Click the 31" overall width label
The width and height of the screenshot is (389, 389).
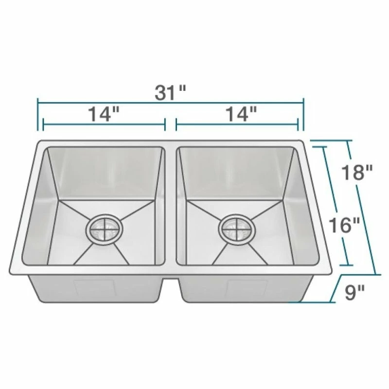[171, 93]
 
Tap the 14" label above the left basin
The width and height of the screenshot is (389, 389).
[104, 114]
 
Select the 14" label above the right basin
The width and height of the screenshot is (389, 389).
[241, 114]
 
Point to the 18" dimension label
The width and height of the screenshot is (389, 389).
[357, 173]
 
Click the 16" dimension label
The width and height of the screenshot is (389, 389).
[344, 225]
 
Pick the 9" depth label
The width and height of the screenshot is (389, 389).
[354, 292]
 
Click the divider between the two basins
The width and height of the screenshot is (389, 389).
[171, 206]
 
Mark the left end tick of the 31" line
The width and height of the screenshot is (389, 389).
[38, 114]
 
